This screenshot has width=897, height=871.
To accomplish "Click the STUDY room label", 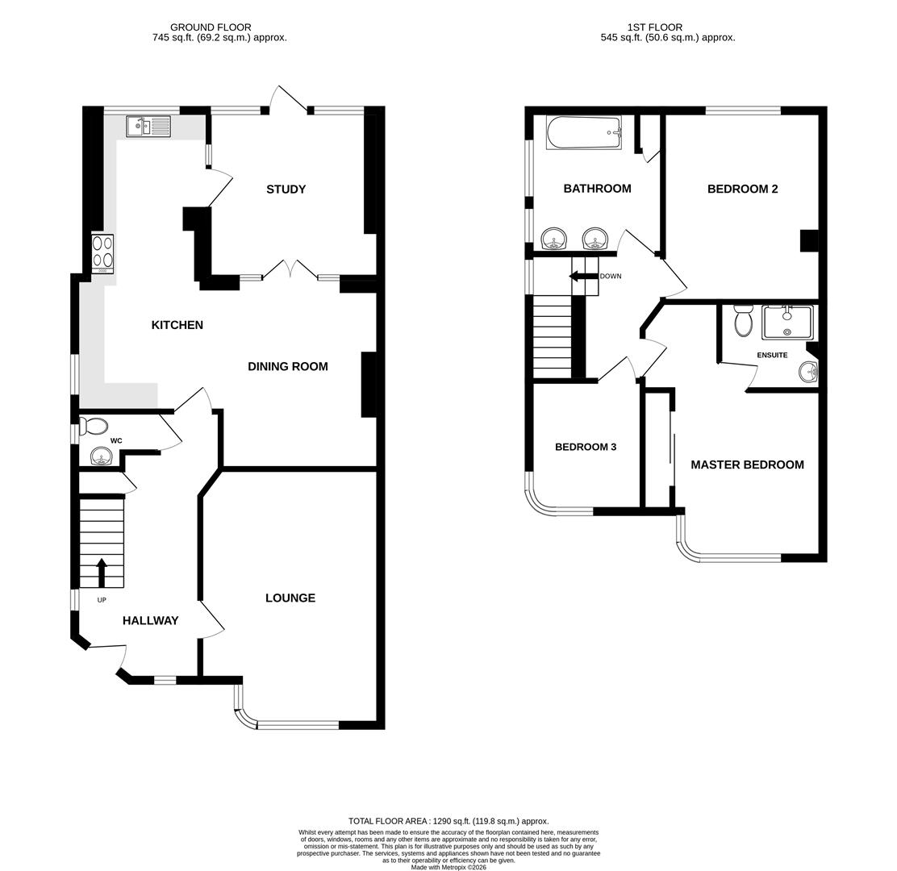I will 286,190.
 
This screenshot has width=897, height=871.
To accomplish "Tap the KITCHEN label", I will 177,325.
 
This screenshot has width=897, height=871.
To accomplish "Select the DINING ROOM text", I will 287,366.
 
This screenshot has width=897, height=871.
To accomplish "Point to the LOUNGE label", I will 290,598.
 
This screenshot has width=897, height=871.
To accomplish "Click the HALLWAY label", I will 150,620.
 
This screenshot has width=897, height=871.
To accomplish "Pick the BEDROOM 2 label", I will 742,189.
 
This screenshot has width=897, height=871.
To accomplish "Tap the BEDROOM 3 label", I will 586,447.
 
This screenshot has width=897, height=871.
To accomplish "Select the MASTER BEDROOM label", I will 747,465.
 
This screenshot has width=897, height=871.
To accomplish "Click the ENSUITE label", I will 772,355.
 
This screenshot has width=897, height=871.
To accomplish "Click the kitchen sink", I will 148,127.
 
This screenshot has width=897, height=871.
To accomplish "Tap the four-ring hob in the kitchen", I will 102,252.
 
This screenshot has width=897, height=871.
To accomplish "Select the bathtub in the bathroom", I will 584,132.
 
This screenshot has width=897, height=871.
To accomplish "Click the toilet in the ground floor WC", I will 94,427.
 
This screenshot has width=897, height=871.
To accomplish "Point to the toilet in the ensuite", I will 744,320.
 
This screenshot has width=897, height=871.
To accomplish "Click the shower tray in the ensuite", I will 787,323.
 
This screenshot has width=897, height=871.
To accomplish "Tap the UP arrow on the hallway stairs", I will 102,572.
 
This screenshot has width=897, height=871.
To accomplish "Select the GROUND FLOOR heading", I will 211,27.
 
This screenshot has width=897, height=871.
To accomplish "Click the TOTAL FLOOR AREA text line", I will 448,821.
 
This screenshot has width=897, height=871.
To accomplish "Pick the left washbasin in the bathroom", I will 554,239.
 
